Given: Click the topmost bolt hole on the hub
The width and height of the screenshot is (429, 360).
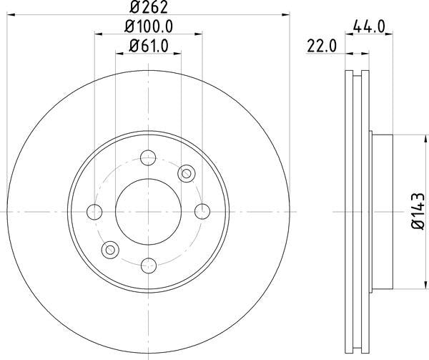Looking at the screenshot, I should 149,157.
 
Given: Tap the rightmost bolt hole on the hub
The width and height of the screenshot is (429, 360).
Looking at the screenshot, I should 203,211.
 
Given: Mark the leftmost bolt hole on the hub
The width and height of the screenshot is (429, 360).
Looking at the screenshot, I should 94,211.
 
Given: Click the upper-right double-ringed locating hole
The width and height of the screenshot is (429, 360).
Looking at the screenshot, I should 187,172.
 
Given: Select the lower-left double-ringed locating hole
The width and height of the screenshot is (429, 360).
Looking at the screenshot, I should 110,250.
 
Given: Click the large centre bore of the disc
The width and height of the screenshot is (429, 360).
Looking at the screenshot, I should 149,211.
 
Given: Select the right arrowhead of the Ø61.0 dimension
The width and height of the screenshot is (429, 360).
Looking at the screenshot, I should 178,53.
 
